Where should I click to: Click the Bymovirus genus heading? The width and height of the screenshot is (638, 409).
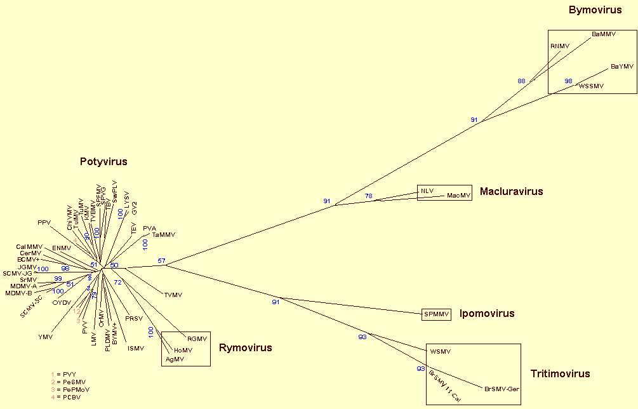[595, 10]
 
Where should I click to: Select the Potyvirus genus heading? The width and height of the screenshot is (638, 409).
[103, 162]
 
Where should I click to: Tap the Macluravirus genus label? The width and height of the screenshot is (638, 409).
[511, 191]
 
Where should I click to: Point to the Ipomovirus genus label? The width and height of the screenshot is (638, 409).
[486, 314]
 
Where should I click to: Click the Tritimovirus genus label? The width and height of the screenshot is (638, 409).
[560, 374]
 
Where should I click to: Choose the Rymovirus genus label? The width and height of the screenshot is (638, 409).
[245, 347]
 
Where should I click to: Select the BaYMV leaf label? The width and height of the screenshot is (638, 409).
[622, 66]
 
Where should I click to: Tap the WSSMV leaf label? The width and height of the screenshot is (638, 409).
[591, 86]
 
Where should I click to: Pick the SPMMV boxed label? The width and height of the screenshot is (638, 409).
[436, 314]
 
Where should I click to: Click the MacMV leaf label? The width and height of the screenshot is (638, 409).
[458, 196]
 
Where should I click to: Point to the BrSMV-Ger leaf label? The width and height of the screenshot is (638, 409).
[502, 389]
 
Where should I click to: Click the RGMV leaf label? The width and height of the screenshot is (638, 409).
[197, 339]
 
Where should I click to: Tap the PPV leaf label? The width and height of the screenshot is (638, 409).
[43, 222]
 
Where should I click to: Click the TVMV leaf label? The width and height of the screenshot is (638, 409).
[173, 295]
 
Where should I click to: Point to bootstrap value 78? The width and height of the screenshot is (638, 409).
[369, 196]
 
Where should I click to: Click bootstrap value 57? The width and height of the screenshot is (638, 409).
[161, 261]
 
